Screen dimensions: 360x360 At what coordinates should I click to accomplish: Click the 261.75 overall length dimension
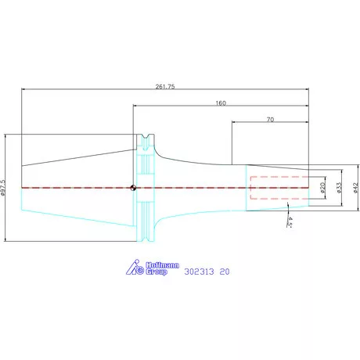click(165, 87)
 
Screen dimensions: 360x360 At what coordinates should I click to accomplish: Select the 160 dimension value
click(221, 103)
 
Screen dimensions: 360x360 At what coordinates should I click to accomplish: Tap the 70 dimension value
click(270, 120)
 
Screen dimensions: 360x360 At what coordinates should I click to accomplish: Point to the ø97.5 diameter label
click(3, 188)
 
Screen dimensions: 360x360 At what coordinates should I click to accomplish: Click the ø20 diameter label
click(322, 188)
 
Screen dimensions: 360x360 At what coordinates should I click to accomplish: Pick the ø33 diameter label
click(339, 188)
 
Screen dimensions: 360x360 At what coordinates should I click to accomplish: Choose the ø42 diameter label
click(355, 188)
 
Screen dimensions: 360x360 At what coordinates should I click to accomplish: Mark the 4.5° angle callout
click(290, 222)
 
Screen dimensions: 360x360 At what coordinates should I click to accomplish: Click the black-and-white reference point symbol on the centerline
click(133, 188)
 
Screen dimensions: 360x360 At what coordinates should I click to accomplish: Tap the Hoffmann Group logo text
click(162, 268)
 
